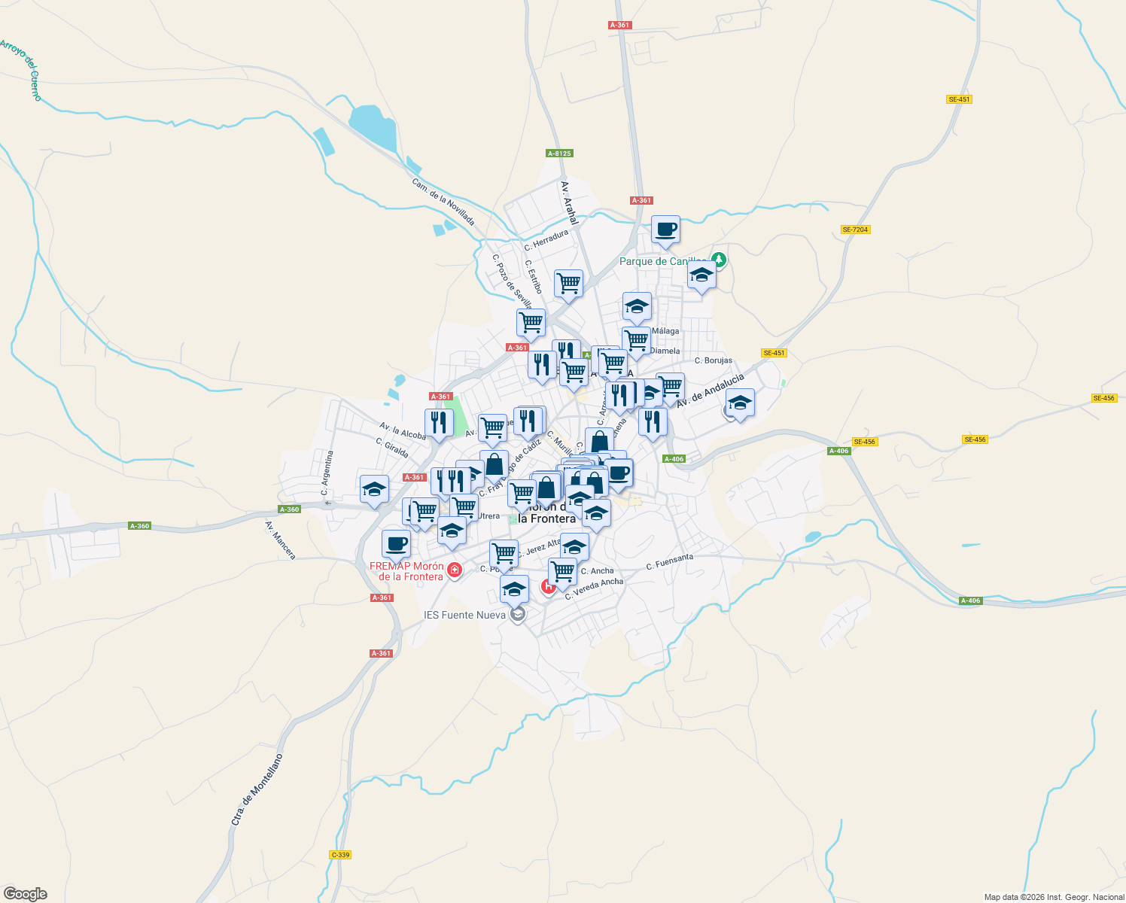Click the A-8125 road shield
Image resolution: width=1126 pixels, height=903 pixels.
pos(559,154)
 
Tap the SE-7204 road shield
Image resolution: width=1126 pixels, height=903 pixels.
pos(856,230)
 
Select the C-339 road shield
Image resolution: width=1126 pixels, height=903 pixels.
pos(340,855)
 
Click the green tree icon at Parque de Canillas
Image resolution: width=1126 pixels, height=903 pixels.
pos(720,260)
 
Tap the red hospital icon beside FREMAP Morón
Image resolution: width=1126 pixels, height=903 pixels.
pos(454,570)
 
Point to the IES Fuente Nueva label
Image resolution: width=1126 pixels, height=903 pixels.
pos(464,615)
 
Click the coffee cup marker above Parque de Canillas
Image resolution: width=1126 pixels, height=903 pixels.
pos(665,230)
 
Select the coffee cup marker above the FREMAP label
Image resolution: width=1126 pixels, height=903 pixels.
pos(397,543)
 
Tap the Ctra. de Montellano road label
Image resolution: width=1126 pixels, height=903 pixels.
pos(257,789)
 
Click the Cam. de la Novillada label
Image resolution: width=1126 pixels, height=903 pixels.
pos(443,201)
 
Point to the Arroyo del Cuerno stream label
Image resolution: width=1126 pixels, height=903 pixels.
pos(22,69)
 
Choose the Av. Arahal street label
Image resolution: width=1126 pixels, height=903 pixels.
pos(569,203)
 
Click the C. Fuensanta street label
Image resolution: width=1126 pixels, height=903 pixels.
pos(669,562)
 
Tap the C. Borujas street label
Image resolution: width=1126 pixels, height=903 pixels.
pos(713,360)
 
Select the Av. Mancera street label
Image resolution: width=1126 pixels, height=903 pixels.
pos(281,540)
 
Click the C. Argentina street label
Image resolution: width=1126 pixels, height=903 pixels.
pos(327,473)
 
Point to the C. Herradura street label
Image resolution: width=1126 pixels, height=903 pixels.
pos(546,240)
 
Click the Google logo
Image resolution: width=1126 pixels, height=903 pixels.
pos(26,893)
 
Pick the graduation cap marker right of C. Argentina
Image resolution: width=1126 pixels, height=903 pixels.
pos(374,489)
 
